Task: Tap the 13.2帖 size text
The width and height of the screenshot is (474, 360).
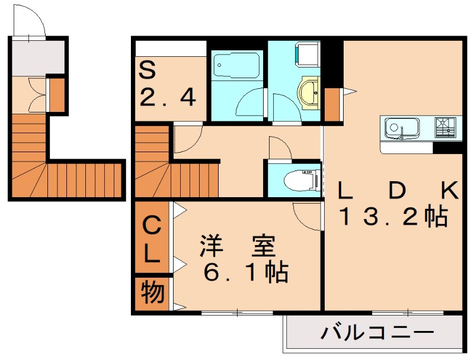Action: [x=392, y=218]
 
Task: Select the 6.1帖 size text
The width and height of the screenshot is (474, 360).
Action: [x=245, y=273]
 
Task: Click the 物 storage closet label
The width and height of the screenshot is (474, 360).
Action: [x=152, y=293]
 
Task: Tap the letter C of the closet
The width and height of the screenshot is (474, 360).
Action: [x=152, y=226]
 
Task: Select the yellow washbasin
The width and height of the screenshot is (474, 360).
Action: [x=310, y=91]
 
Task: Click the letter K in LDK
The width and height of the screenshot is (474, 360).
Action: [x=449, y=191]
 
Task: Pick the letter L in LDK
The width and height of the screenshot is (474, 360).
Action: [x=344, y=191]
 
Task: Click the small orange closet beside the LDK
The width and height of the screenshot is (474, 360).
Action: [x=332, y=104]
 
